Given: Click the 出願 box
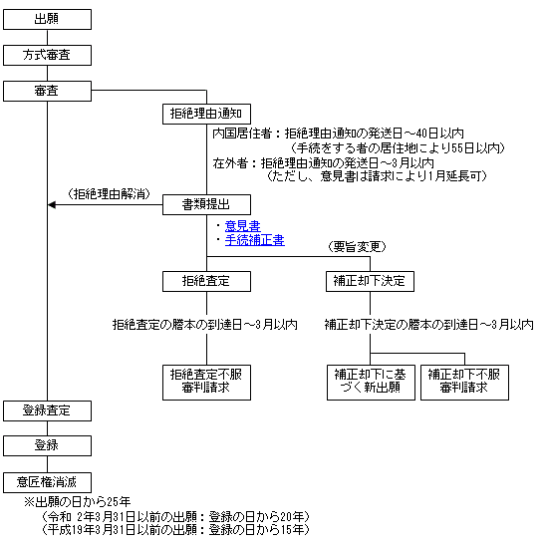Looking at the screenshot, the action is [x=47, y=20].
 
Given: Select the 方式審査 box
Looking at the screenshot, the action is [x=47, y=55].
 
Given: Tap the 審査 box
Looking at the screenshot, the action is [x=47, y=92].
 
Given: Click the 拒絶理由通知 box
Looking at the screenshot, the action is [x=207, y=115].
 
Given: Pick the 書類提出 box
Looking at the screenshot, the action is [x=207, y=204].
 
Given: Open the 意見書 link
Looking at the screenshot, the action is [x=242, y=226].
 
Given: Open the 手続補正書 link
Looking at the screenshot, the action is [x=255, y=240].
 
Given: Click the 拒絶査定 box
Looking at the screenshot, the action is [x=207, y=281].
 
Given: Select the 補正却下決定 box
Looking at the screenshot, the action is [x=370, y=281].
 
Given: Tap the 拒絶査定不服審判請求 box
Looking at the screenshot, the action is [x=207, y=383].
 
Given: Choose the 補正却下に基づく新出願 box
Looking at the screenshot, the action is [x=371, y=383].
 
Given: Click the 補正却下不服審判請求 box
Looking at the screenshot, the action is [x=464, y=383].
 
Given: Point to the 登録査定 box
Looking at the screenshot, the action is [x=47, y=411].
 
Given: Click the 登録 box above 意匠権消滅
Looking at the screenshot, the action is [x=47, y=445].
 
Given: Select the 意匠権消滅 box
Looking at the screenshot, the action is [x=47, y=482].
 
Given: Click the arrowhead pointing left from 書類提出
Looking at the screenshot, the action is [x=52, y=205].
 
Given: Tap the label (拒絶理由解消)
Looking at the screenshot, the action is [x=109, y=194].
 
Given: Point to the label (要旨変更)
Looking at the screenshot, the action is [x=357, y=247].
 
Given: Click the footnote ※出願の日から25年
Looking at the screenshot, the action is [x=77, y=502].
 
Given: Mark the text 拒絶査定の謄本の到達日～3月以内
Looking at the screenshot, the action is [x=205, y=325].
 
